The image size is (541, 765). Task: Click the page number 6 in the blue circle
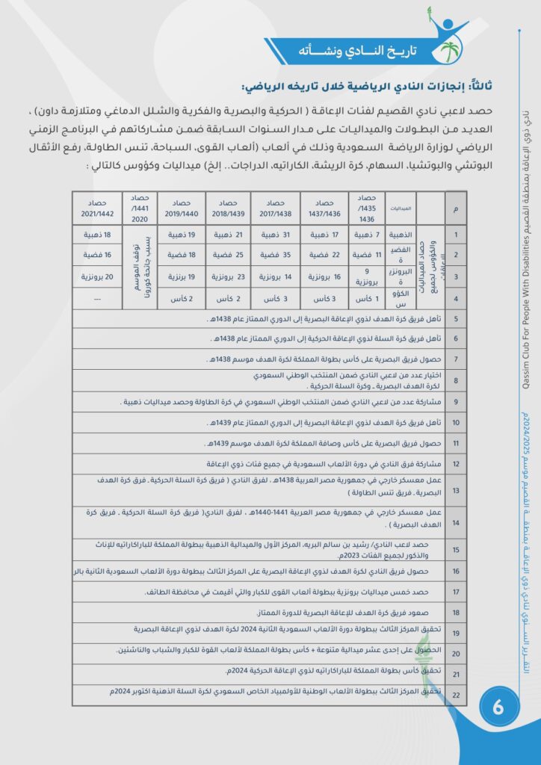pyautogui.click(x=497, y=710)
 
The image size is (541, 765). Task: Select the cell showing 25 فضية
pyautogui.click(x=225, y=255)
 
